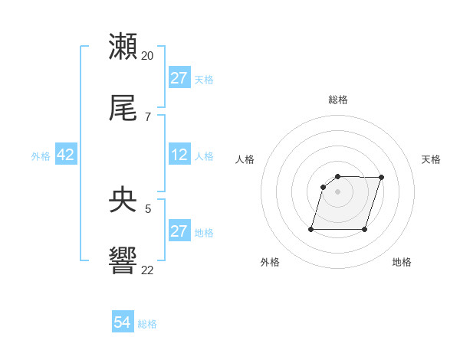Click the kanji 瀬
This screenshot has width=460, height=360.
coord(123,47)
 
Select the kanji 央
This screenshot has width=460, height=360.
coord(123,200)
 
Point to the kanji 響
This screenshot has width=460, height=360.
coord(123,261)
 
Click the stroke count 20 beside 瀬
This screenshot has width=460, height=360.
coord(148,56)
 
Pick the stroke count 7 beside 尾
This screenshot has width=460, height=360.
coord(148,117)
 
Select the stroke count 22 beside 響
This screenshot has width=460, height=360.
coord(148,270)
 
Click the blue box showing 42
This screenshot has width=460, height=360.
coord(66,155)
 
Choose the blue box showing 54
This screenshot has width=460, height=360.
coord(123,322)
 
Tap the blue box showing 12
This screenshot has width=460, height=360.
coord(179,155)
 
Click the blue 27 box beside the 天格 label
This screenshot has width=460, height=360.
coord(179,78)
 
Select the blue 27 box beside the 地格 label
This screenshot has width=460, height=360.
coord(179,231)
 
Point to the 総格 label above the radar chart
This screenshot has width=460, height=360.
coord(338,100)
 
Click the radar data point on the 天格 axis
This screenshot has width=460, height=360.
coord(381,178)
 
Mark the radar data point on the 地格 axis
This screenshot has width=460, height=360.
coord(364,229)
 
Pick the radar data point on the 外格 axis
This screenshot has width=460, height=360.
coord(311,229)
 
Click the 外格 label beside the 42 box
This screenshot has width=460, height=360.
coord(41,156)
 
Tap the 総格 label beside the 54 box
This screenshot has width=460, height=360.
coord(147,324)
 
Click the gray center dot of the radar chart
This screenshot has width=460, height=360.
coord(337,191)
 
